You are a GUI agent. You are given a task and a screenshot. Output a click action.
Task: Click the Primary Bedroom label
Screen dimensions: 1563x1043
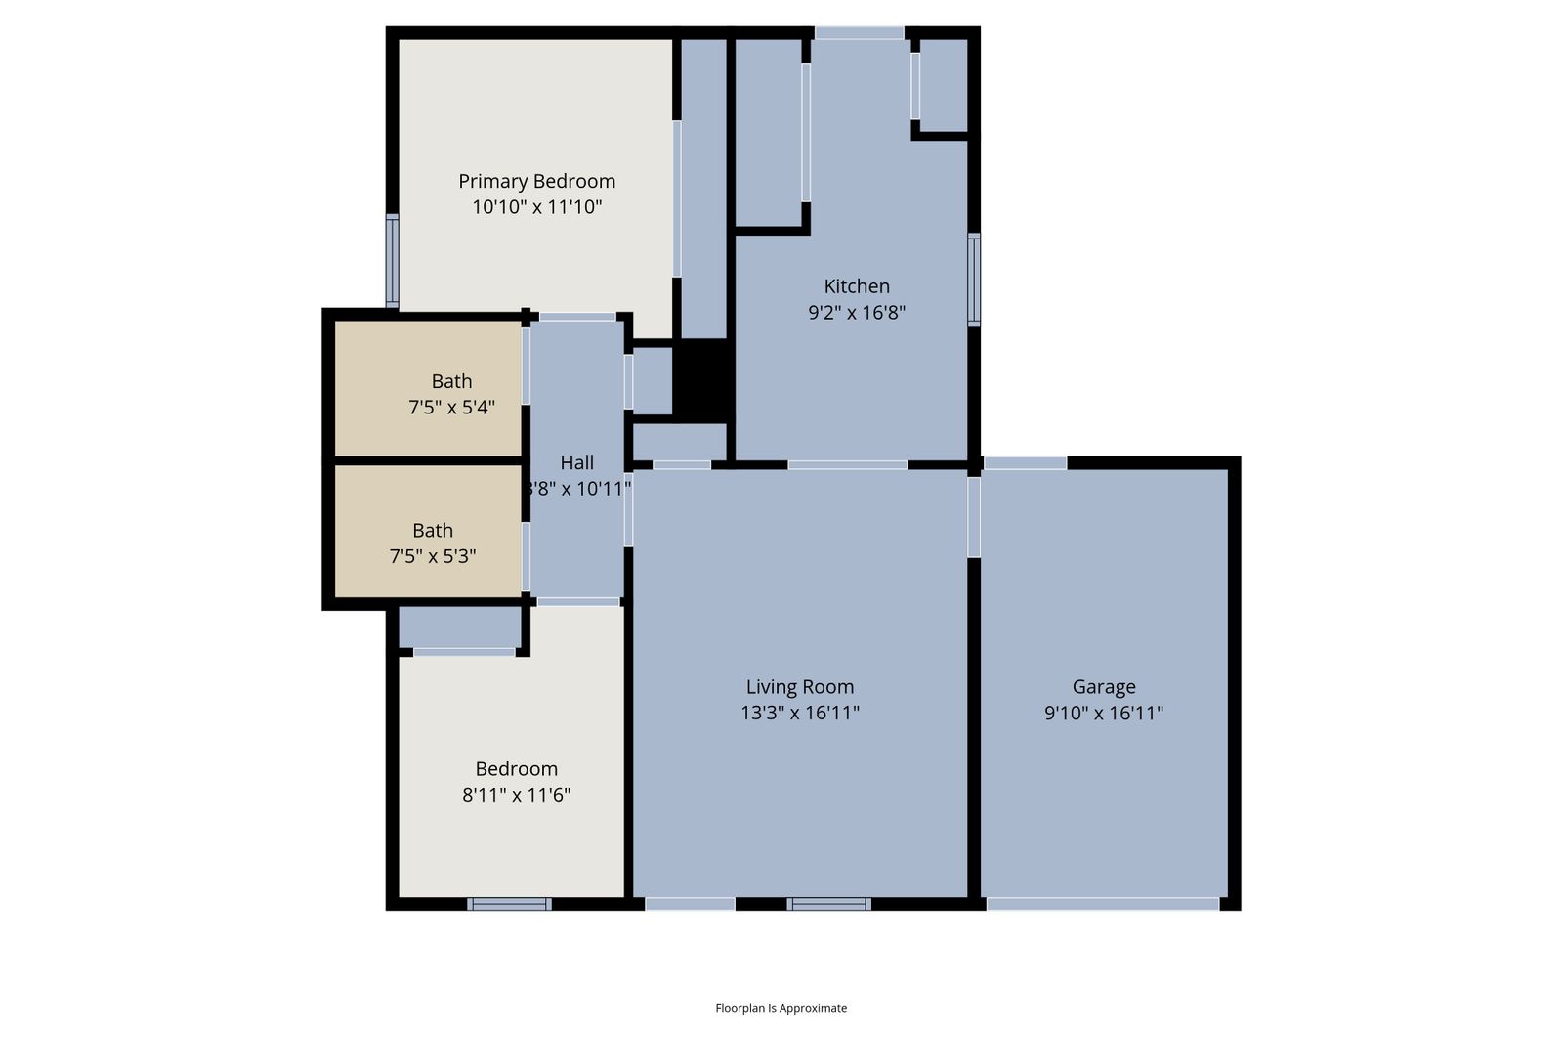click(536, 182)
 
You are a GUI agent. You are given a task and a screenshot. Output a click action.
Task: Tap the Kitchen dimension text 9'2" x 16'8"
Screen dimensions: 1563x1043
click(857, 312)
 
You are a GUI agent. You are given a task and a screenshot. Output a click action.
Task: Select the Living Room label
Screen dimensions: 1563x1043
click(800, 687)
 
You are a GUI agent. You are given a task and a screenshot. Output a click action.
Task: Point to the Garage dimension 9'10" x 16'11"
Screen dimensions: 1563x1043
click(1104, 713)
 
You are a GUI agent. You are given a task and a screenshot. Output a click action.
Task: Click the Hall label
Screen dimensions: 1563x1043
click(577, 462)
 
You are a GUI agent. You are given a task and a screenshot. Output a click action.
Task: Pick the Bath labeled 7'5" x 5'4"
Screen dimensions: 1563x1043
click(451, 381)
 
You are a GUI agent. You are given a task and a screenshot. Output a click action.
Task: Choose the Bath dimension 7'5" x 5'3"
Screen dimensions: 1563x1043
click(433, 556)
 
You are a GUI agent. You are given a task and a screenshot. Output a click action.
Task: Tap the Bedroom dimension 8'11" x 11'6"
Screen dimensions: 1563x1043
click(517, 795)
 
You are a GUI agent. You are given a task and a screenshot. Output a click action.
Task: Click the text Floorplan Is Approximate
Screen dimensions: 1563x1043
click(781, 1008)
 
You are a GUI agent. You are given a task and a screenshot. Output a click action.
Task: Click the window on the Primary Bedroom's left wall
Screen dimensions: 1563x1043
click(392, 260)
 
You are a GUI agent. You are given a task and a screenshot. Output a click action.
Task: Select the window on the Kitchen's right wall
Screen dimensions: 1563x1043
click(974, 280)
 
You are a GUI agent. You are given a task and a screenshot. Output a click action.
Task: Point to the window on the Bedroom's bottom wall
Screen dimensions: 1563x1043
click(509, 904)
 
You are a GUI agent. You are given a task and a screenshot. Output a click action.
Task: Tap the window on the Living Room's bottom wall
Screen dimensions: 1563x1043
click(829, 904)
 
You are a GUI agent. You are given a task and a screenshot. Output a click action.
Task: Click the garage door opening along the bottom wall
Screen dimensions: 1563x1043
click(1103, 904)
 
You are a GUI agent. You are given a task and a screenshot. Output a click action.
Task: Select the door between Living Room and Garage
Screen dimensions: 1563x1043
click(974, 517)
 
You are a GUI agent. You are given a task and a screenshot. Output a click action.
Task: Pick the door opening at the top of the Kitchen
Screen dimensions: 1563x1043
click(859, 33)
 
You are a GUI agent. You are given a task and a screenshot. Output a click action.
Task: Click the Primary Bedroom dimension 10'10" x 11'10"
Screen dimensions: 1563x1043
click(536, 207)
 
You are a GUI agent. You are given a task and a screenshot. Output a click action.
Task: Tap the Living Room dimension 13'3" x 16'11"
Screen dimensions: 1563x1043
click(800, 713)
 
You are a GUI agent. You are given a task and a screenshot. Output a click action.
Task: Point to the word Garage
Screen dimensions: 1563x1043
click(1104, 687)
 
